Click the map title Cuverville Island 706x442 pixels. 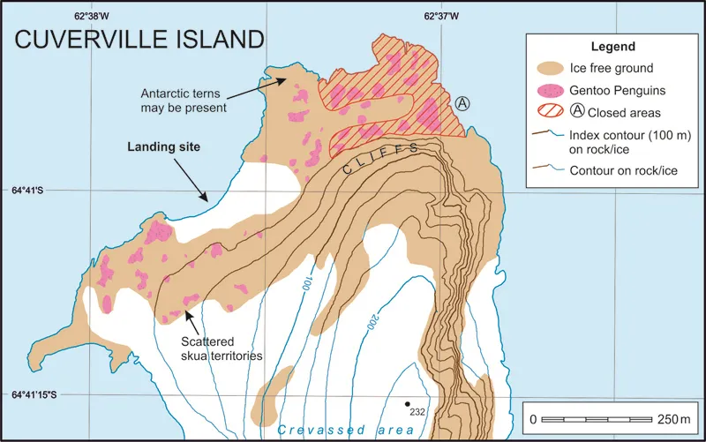tap(139, 40)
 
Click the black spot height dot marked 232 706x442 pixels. tap(408, 404)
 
